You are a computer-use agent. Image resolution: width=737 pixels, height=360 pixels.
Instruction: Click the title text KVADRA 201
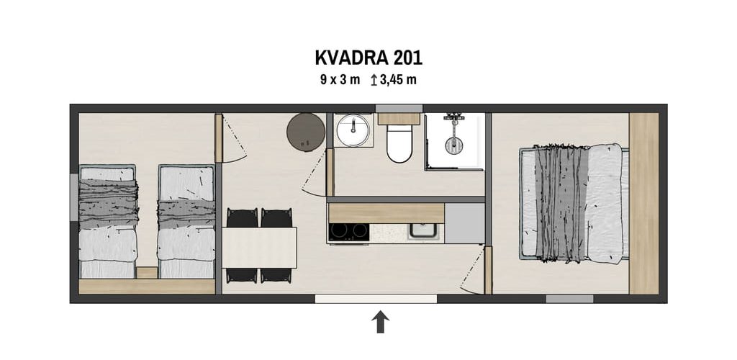tap(368, 58)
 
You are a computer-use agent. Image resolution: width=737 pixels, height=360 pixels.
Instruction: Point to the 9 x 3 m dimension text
tap(340, 79)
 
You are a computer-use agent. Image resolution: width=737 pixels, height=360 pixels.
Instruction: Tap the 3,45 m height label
tap(399, 79)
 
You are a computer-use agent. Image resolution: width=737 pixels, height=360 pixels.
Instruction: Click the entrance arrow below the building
tap(380, 322)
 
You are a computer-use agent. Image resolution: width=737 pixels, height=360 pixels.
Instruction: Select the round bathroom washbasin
tap(353, 130)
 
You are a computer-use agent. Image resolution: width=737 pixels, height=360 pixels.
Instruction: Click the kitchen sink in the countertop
tap(423, 231)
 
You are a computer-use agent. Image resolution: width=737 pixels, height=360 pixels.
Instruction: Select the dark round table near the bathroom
tap(306, 132)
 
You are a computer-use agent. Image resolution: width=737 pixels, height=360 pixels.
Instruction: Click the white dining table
tap(259, 248)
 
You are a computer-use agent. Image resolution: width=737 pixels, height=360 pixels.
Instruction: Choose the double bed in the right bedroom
tap(574, 204)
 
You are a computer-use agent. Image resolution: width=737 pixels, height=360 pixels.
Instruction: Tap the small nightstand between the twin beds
tap(147, 273)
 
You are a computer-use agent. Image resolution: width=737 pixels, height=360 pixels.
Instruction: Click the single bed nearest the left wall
tap(108, 221)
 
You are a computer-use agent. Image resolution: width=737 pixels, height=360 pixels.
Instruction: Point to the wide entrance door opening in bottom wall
tap(376, 299)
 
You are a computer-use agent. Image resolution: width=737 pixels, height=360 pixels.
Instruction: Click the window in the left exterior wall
tap(74, 197)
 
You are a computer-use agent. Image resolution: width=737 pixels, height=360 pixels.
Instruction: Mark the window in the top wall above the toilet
tap(399, 108)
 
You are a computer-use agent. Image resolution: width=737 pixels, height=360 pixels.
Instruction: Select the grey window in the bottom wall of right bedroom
tap(569, 299)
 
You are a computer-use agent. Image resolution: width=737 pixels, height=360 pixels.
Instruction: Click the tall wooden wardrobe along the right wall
tap(643, 204)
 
